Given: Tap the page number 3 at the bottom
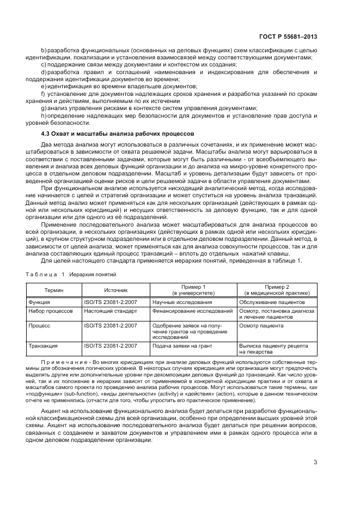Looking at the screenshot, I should click(315, 463).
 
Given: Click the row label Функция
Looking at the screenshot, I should click(39, 302).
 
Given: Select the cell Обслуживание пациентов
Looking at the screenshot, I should click(272, 302).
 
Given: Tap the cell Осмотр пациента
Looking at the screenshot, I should click(261, 326).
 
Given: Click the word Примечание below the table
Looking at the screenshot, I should click(64, 362).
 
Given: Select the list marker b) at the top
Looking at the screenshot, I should click(44, 51).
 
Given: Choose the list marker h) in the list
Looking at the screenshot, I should click(44, 115).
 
